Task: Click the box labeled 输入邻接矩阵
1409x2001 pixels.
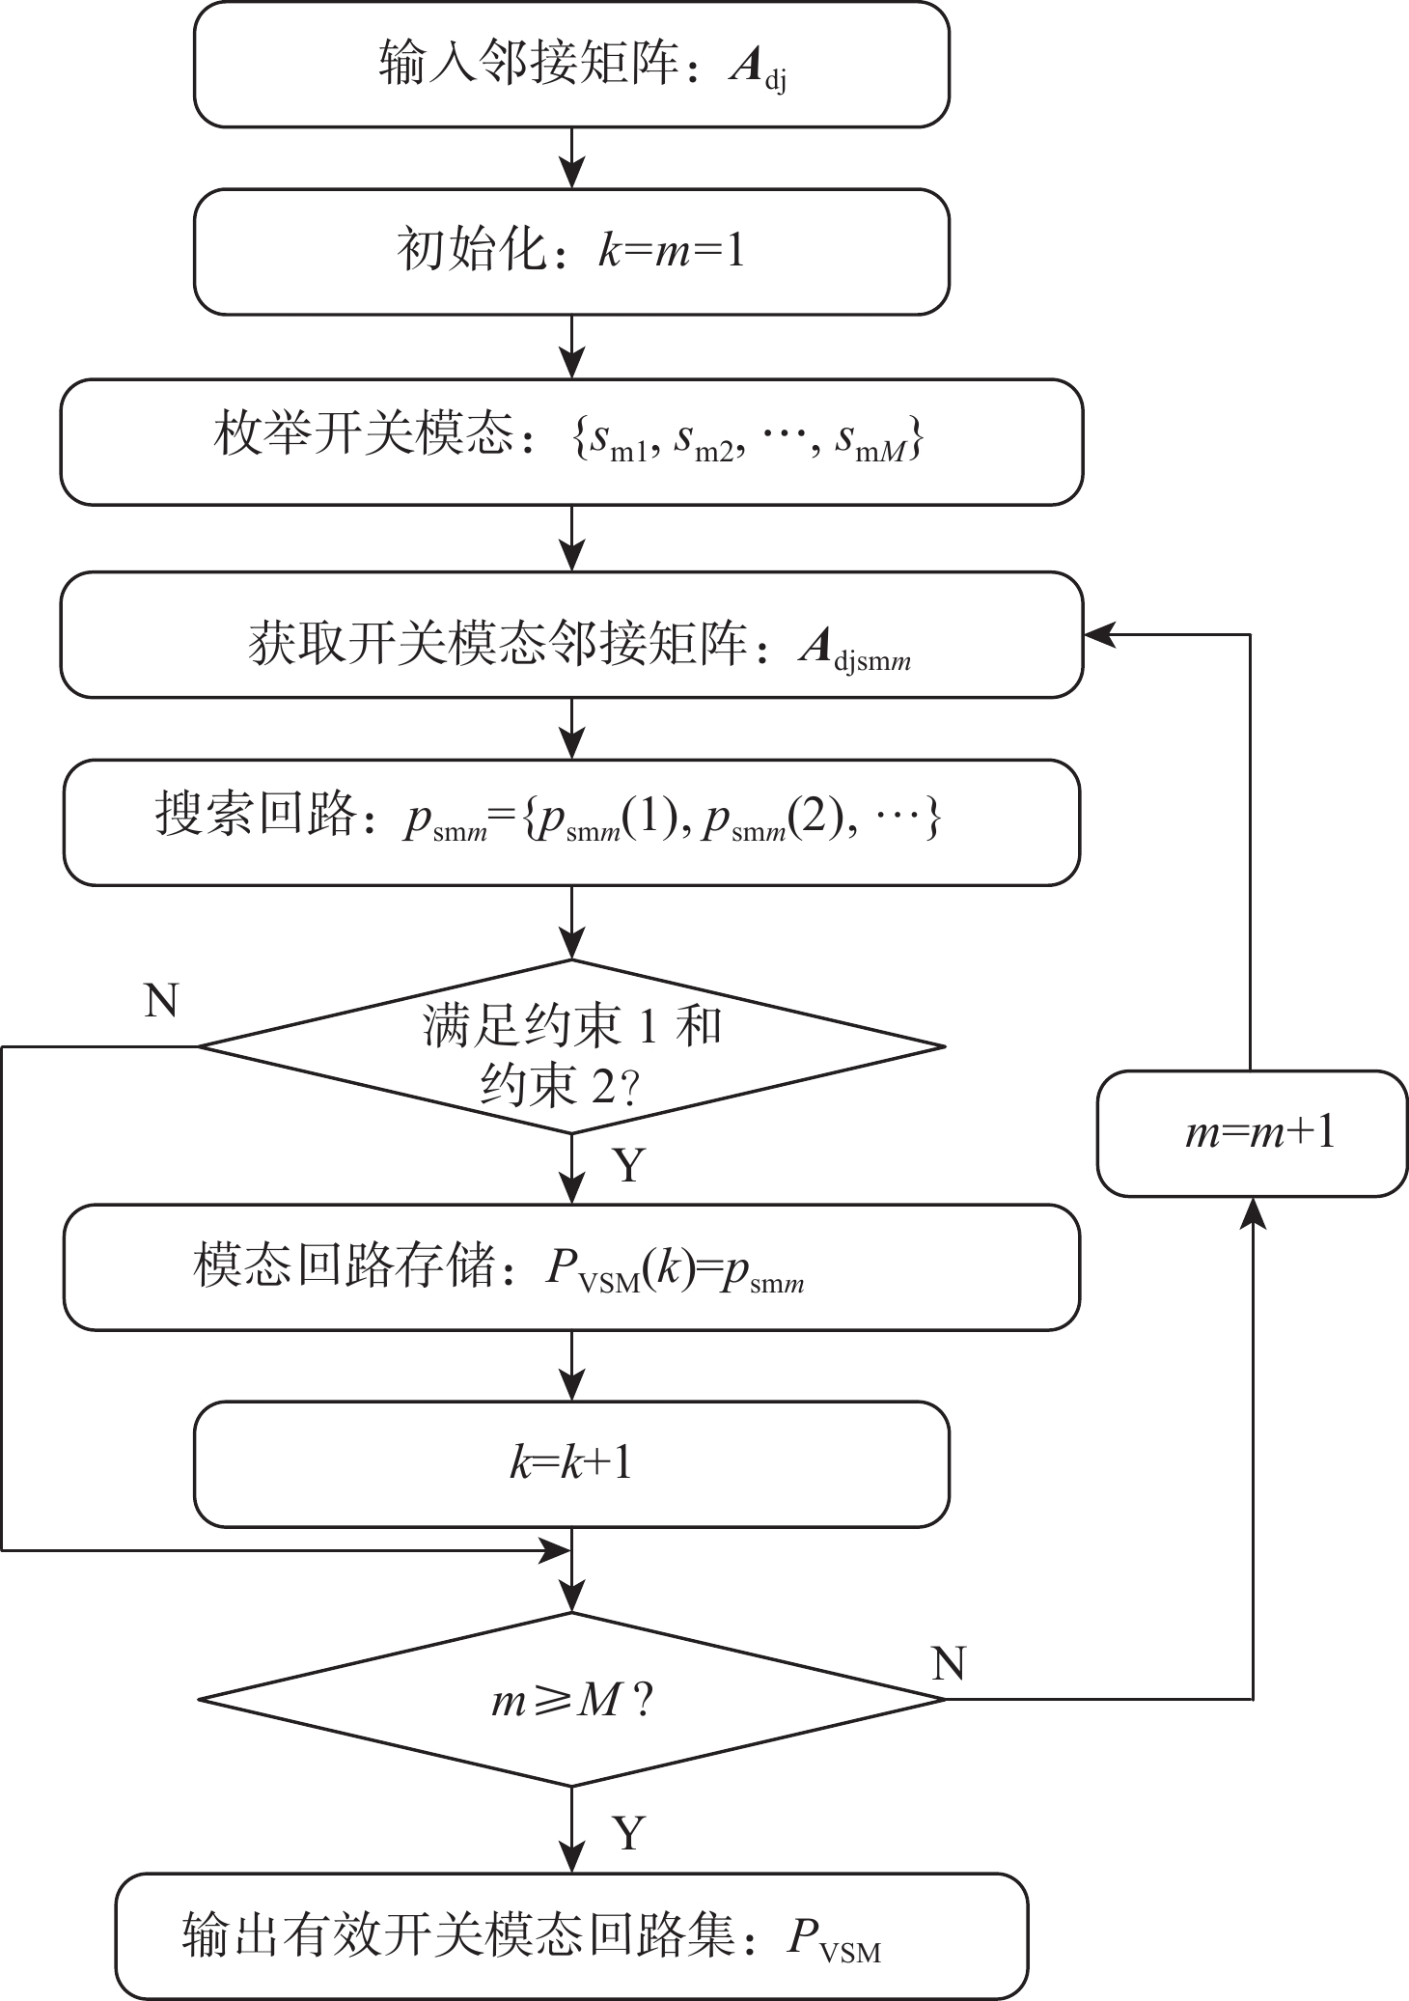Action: click(571, 65)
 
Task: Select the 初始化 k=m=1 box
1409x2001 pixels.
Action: click(571, 252)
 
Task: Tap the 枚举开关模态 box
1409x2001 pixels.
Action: click(571, 441)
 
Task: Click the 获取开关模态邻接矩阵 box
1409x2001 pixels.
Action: click(571, 634)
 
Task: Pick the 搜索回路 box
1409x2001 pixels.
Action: click(571, 821)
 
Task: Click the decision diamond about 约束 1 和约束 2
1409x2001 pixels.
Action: click(571, 1046)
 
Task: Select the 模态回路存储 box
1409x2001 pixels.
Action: click(571, 1266)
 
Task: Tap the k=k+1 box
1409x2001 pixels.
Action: click(571, 1464)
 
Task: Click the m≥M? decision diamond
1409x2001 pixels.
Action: click(571, 1699)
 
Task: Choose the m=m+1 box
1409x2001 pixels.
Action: click(1252, 1133)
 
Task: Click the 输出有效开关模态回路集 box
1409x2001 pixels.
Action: click(571, 1936)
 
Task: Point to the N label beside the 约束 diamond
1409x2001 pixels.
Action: click(161, 1002)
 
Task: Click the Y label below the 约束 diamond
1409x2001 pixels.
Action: click(628, 1166)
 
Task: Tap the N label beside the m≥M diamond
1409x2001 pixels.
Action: click(949, 1663)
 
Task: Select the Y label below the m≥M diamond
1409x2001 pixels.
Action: click(628, 1832)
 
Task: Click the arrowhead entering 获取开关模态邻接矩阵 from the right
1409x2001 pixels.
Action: click(1098, 634)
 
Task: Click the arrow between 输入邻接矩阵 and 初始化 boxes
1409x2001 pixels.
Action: click(572, 158)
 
